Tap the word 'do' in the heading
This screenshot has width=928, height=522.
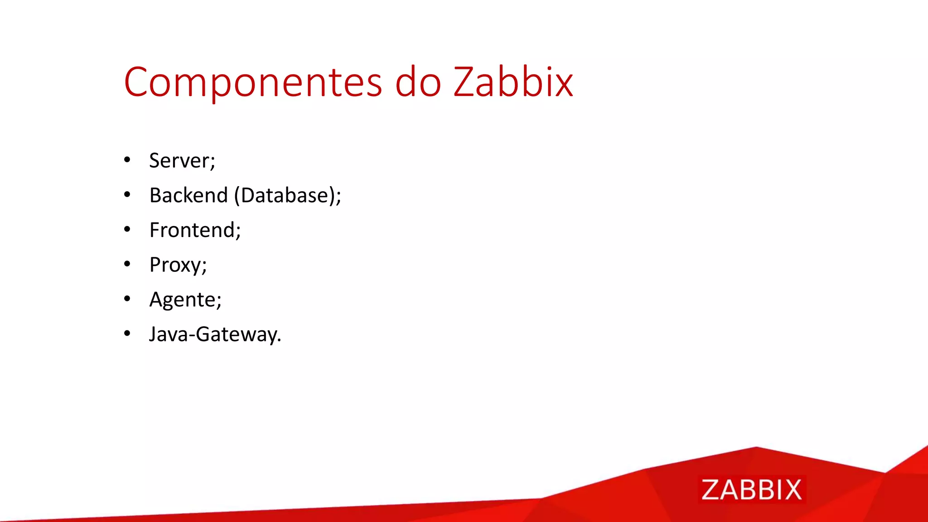(x=418, y=82)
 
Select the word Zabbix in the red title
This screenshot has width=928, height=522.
(x=513, y=82)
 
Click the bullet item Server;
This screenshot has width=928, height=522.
(x=182, y=161)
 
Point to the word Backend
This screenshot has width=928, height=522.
(x=188, y=195)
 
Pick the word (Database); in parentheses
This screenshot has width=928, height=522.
(x=288, y=196)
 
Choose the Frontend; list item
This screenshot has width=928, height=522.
(x=195, y=230)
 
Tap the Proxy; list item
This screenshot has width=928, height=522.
(x=178, y=265)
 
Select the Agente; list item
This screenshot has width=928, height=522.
(x=185, y=300)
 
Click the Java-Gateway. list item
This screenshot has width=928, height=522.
(x=215, y=334)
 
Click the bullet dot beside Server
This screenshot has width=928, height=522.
(x=127, y=160)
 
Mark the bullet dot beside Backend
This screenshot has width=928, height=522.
(x=127, y=195)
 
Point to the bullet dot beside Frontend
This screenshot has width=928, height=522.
(x=127, y=230)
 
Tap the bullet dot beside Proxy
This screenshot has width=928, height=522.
(x=127, y=264)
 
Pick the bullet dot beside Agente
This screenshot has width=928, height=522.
(x=127, y=299)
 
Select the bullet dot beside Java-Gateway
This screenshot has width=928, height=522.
(x=127, y=334)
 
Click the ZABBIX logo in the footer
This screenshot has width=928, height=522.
(x=751, y=490)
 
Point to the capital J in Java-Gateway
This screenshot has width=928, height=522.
(x=154, y=334)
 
